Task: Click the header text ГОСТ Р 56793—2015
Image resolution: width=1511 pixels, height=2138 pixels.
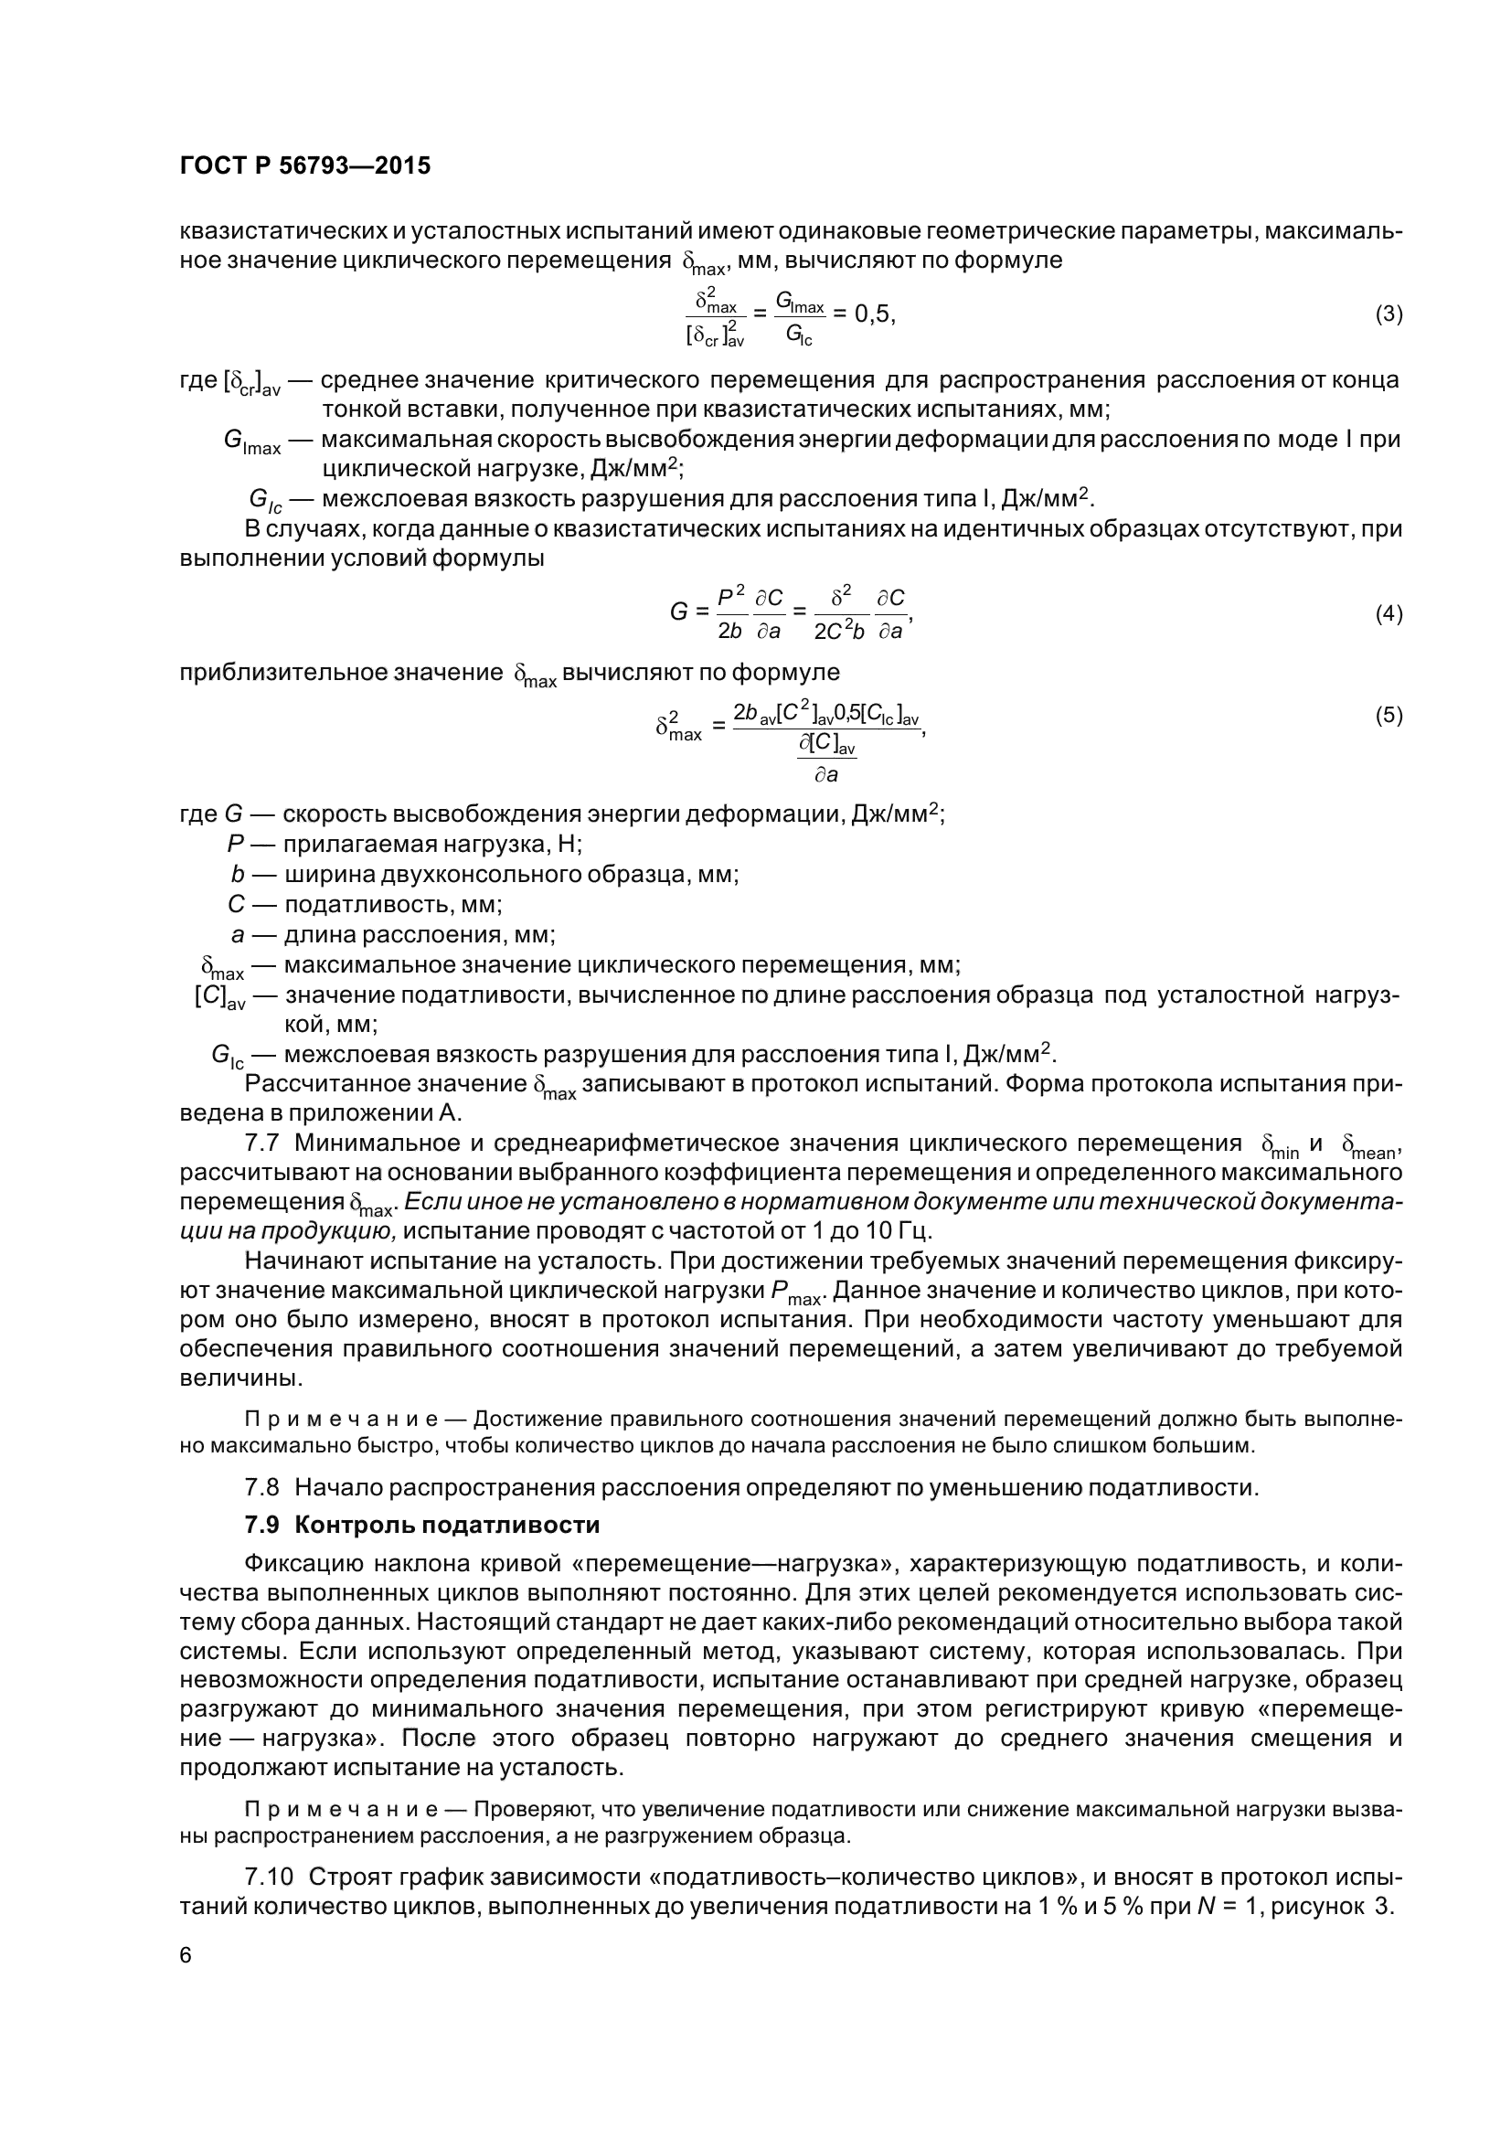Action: click(x=304, y=165)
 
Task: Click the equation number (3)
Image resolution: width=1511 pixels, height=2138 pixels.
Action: click(x=1389, y=314)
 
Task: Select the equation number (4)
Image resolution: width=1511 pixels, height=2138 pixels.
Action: click(x=1389, y=613)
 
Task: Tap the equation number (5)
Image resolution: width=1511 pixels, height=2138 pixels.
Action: click(x=1389, y=715)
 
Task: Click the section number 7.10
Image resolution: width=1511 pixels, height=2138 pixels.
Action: click(x=268, y=1876)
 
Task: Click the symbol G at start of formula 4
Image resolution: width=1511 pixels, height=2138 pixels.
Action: click(x=678, y=612)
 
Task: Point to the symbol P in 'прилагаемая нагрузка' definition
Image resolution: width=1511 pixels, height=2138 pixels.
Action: click(x=235, y=845)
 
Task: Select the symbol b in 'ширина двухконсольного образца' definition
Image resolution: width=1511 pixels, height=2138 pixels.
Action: click(x=238, y=875)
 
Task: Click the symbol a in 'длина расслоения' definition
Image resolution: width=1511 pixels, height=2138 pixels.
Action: click(x=238, y=934)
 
